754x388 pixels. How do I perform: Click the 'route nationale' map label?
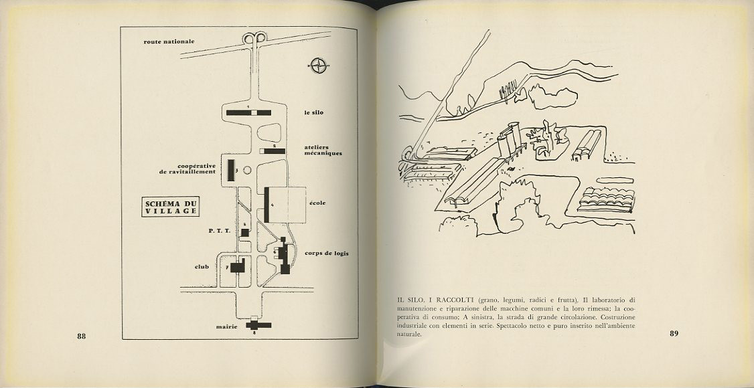coord(169,41)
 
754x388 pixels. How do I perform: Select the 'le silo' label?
coord(313,112)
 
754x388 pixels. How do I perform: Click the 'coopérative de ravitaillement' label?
coord(187,169)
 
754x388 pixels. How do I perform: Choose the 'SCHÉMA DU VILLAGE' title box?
coord(172,207)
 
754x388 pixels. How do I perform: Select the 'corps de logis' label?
coord(327,254)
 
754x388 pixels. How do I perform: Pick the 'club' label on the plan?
coord(202,267)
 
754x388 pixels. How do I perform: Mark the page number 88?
coord(82,336)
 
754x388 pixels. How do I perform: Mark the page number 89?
coord(674,334)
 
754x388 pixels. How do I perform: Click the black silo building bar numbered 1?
coord(248,112)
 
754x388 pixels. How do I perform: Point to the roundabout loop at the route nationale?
coord(253,39)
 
